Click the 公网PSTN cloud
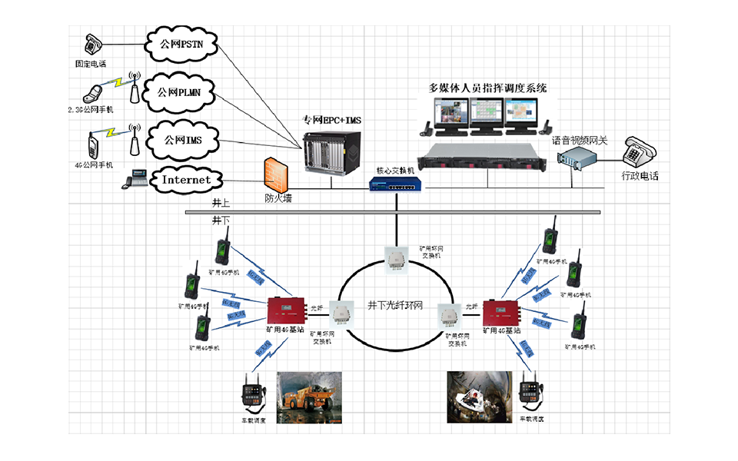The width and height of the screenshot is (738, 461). tap(181, 44)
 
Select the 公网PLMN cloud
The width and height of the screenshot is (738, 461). tap(181, 92)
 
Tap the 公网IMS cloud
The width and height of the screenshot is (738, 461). tap(183, 140)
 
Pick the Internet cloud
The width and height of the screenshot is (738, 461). tap(185, 180)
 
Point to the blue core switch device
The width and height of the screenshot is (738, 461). tap(394, 185)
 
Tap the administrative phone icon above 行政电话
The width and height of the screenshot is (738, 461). tap(637, 153)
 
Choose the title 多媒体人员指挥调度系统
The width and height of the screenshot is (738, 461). tap(487, 88)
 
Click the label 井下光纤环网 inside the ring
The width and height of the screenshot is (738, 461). tap(395, 306)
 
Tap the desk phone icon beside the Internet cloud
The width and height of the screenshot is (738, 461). tap(137, 178)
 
